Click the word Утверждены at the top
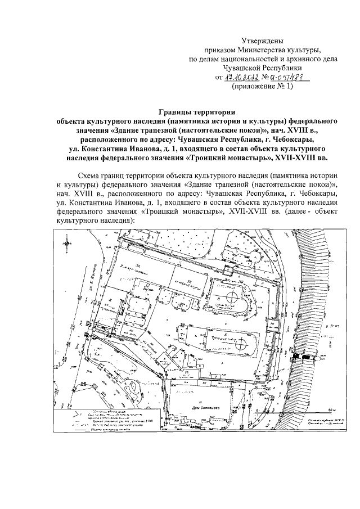click(x=262, y=41)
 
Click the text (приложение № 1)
click(x=263, y=87)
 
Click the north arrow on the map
click(x=67, y=242)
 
